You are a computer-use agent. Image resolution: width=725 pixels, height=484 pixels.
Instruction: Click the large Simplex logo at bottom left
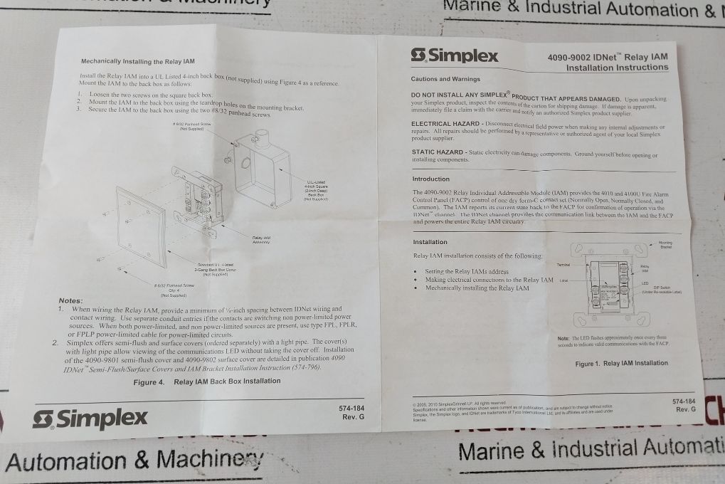(x=90, y=419)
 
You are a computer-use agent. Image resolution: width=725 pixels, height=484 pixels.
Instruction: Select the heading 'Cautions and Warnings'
(x=445, y=79)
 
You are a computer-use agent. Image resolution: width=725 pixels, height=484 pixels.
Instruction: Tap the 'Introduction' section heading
(x=431, y=179)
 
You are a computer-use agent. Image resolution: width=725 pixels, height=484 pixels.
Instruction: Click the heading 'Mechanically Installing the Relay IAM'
(x=137, y=62)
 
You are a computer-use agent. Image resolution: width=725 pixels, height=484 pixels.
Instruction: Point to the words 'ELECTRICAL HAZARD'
(x=445, y=123)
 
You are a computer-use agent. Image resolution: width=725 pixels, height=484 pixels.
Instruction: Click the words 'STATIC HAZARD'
(x=438, y=152)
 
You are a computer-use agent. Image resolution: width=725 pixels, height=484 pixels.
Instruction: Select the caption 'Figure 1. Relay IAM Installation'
(x=621, y=363)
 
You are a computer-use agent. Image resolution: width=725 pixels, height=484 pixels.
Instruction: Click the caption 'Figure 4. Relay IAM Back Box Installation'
(x=206, y=382)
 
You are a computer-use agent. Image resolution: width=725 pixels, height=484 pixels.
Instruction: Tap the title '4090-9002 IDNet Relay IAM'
(x=607, y=57)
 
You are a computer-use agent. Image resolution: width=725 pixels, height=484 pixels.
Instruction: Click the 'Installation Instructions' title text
(x=617, y=68)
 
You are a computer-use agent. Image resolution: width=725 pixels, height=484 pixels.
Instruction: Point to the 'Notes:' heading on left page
(x=70, y=301)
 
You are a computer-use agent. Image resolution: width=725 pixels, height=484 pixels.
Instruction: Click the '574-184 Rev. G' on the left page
(x=352, y=413)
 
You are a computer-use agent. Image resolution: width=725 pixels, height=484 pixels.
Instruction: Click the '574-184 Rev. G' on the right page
(x=683, y=405)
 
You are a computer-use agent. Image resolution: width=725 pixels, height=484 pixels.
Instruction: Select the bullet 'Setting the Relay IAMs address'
(x=466, y=272)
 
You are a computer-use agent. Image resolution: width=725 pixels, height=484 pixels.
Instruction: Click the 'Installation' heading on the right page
(x=430, y=242)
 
